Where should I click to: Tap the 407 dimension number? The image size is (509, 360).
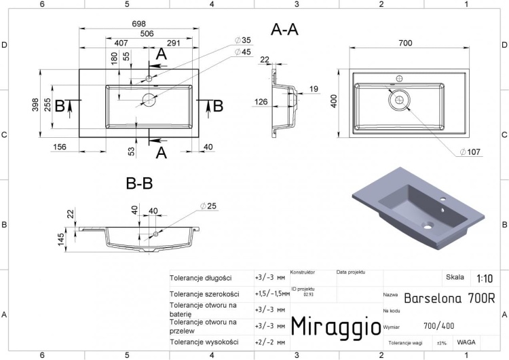pos(121,43)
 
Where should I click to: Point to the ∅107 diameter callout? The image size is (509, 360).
pos(470,151)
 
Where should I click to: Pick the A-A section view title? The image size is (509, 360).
pos(284,29)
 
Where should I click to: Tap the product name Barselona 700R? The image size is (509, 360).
pos(449,298)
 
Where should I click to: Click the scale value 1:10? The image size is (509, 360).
pos(485,278)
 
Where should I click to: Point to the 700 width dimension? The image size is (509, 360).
pos(405,43)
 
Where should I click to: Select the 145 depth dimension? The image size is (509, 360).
pos(62,240)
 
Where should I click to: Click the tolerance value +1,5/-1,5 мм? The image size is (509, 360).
pos(271,294)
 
